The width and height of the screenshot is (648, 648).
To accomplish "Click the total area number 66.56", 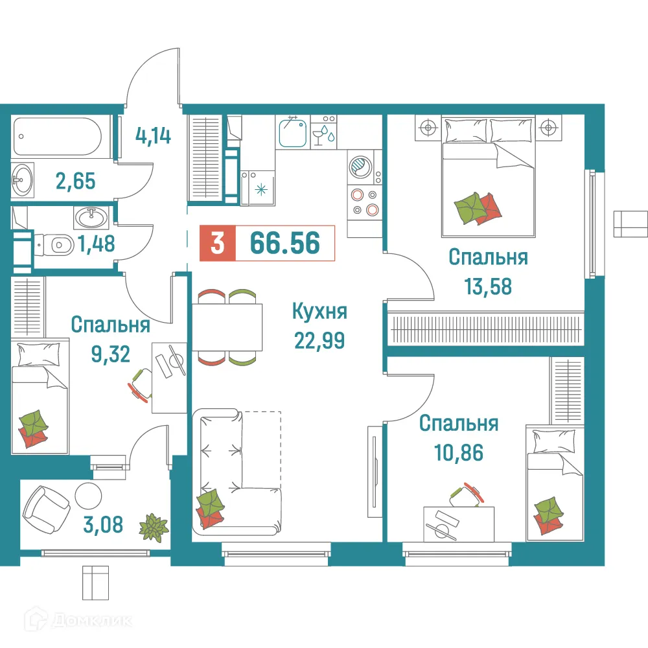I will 285,244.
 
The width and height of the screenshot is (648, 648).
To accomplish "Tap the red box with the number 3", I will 218,244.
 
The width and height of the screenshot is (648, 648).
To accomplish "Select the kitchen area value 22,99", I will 320,339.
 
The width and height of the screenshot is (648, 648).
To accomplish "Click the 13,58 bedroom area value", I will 488,285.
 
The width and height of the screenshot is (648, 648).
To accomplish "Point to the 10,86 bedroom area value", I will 458,452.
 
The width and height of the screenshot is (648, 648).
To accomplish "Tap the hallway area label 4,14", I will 153,137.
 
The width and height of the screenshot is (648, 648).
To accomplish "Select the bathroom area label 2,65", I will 74,180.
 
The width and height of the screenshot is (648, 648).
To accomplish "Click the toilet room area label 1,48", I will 97,244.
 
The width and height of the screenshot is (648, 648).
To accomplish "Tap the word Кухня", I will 320,312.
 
